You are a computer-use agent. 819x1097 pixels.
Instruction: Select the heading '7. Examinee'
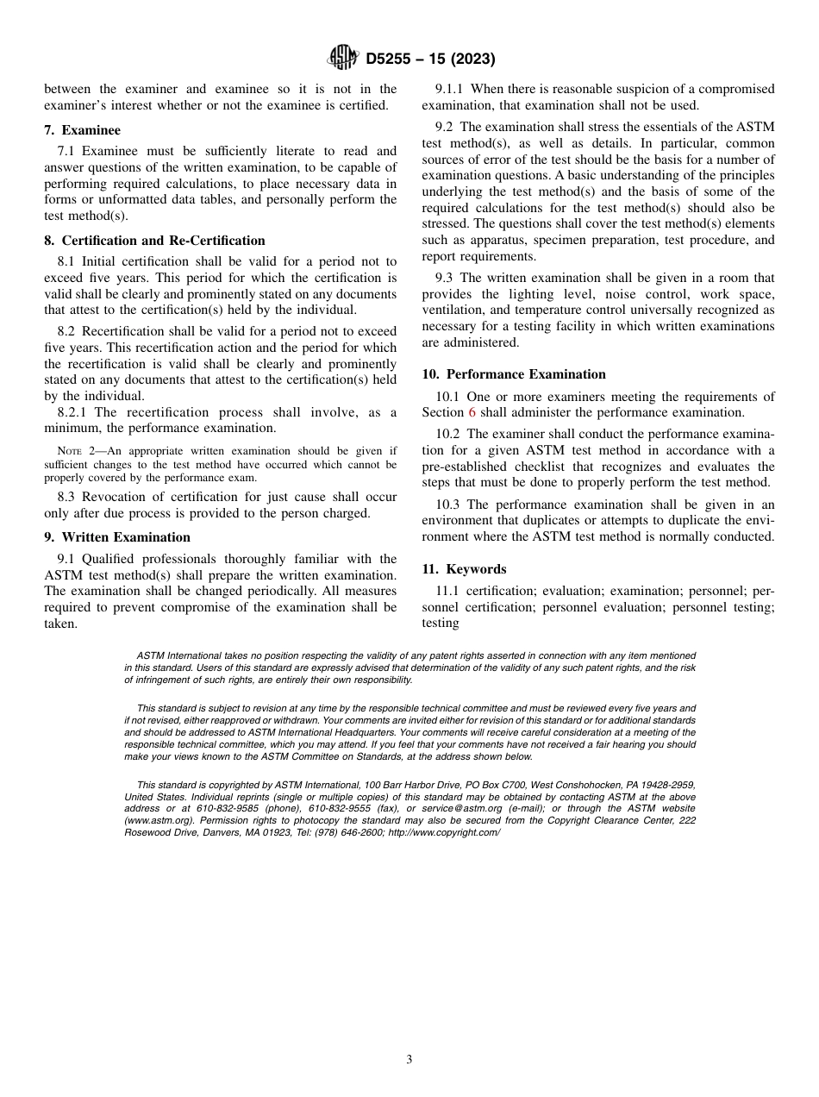coord(82,130)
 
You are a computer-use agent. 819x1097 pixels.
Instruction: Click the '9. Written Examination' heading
coord(117,537)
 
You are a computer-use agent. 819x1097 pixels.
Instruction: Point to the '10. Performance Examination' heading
coord(514,374)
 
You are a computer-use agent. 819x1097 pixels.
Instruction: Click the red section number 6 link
coord(472,412)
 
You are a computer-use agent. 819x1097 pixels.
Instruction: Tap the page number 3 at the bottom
coord(409,1060)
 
